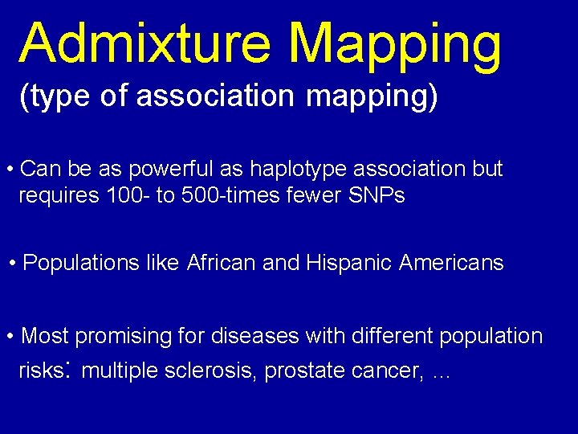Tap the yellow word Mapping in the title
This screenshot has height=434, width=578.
pyautogui.click(x=396, y=44)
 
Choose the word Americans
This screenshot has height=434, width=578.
pyautogui.click(x=451, y=263)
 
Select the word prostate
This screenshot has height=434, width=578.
pyautogui.click(x=307, y=371)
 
